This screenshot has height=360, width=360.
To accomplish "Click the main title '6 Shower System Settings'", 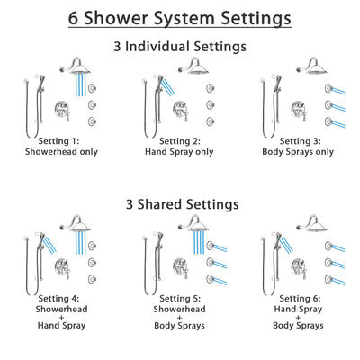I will [x=179, y=17].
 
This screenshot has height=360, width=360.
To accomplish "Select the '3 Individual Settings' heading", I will [x=179, y=46].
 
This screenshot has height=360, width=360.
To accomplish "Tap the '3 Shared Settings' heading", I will [x=179, y=204].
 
